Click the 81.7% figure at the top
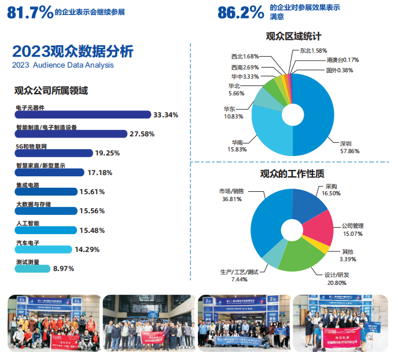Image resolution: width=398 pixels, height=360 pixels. (30, 12)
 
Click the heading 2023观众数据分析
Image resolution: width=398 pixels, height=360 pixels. (72, 52)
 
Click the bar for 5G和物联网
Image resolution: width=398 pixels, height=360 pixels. (54, 153)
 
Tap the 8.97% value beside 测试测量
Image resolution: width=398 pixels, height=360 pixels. (64, 268)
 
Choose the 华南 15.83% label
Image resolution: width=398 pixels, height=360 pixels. (237, 146)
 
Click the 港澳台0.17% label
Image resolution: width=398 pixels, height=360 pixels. (342, 60)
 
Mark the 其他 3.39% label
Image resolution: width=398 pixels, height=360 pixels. (347, 255)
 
